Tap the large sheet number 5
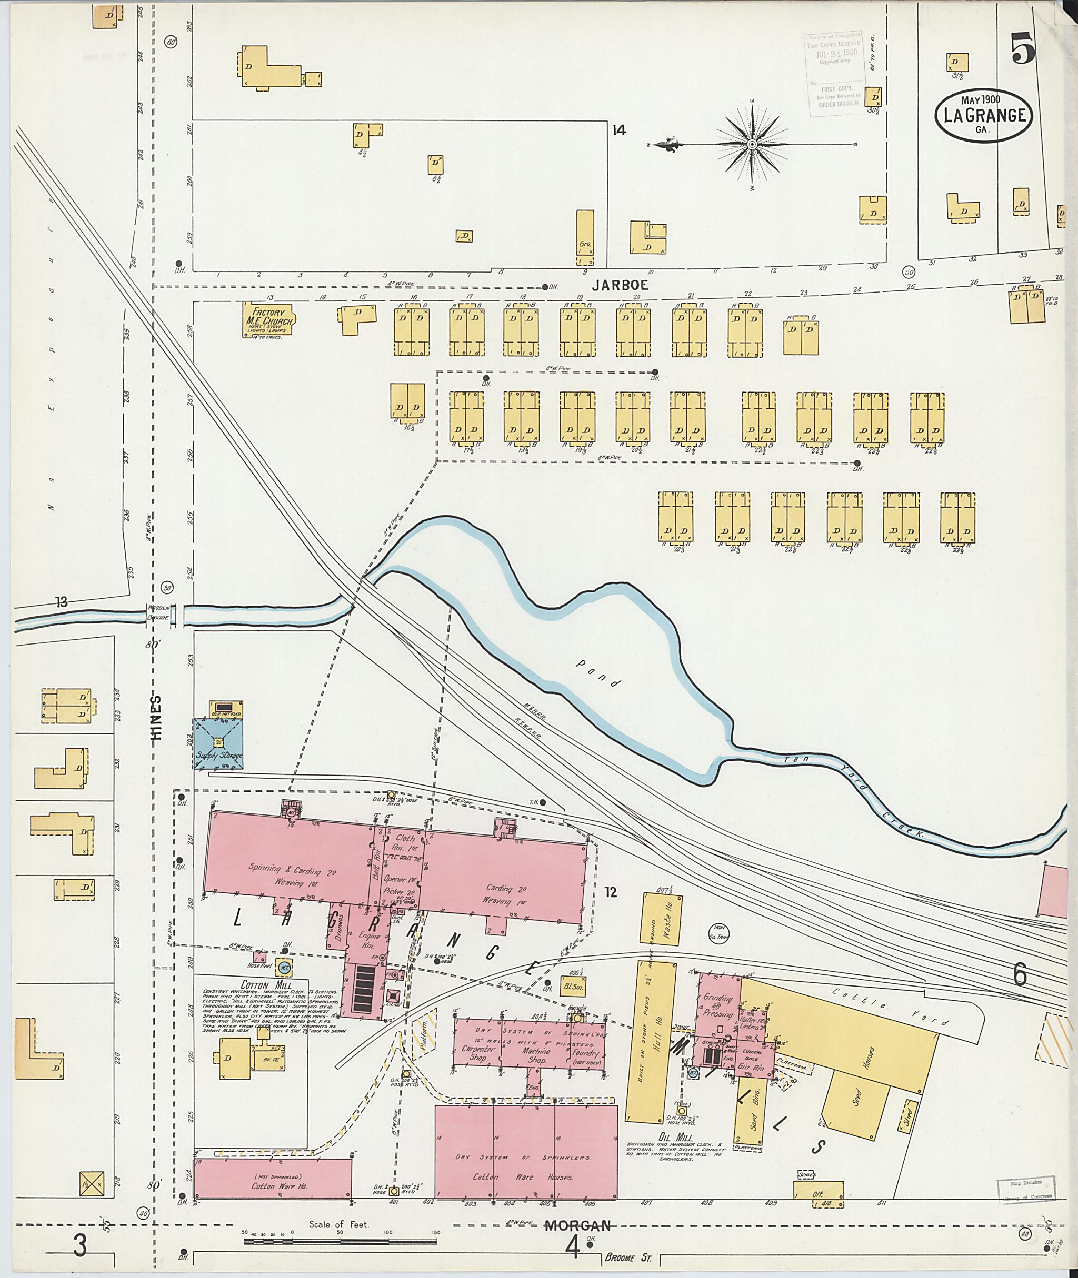(x=1022, y=48)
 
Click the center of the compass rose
(x=752, y=144)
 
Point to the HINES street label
(x=157, y=718)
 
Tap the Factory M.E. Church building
(x=268, y=318)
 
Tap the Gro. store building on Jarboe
(x=585, y=238)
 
